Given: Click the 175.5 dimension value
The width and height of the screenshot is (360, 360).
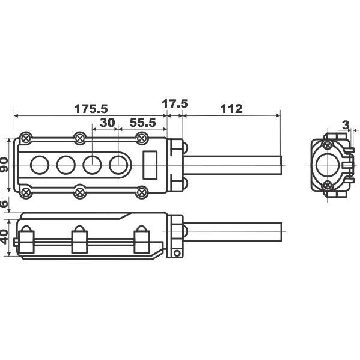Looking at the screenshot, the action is (x=91, y=109).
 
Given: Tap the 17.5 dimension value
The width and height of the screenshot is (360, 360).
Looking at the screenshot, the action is (x=175, y=103).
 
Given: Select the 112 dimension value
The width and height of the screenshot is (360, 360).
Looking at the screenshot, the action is (x=231, y=109).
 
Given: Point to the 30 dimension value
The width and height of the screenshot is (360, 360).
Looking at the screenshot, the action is (x=107, y=123).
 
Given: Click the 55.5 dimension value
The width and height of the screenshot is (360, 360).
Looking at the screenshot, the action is (x=143, y=123).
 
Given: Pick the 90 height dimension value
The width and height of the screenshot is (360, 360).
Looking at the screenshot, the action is (x=4, y=165).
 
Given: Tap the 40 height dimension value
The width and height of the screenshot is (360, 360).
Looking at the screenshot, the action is (x=4, y=237).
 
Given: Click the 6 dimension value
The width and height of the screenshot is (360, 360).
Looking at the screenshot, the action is (x=4, y=203).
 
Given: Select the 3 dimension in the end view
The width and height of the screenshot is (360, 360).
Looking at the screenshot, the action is (x=346, y=125).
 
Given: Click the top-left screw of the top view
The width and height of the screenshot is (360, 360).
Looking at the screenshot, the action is (x=26, y=138).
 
